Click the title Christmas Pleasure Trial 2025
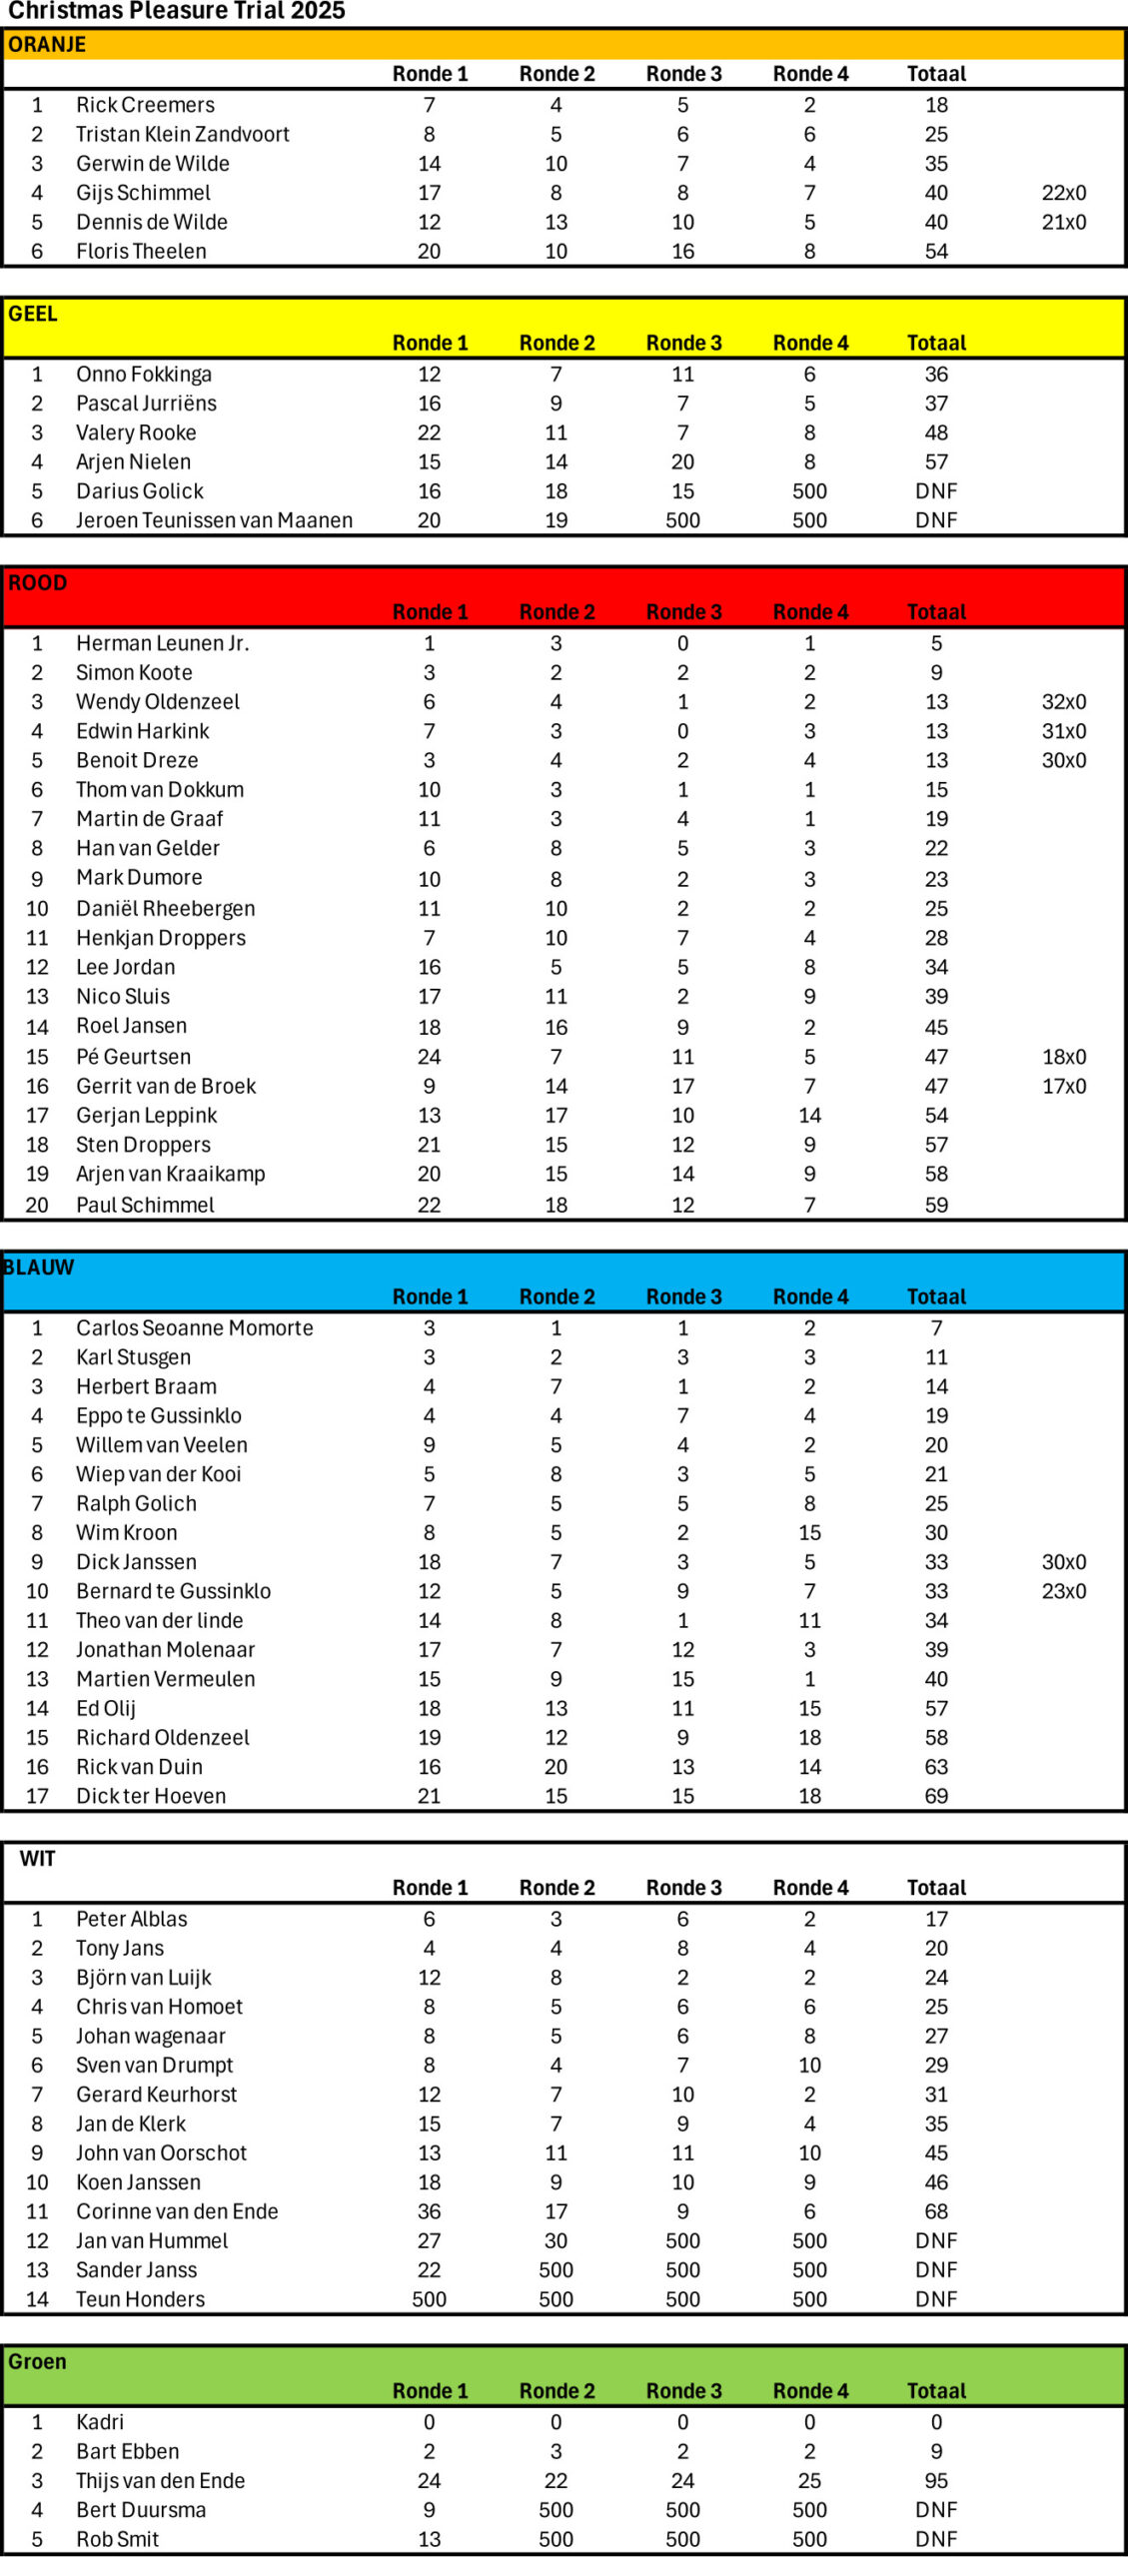coord(177,12)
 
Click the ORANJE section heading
coord(47,45)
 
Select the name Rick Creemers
coord(145,105)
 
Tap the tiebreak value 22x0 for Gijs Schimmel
coord(1063,193)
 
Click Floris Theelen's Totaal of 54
coord(935,252)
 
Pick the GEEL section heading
coord(33,314)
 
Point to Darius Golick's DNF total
coord(935,491)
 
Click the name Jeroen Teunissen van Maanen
coord(214,520)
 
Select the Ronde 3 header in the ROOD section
coord(683,612)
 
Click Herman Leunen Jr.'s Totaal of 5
coord(935,643)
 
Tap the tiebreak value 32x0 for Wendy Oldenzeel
coord(1063,702)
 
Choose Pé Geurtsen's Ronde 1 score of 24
coord(429,1057)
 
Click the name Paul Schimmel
coord(145,1205)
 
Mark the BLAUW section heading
coord(39,1268)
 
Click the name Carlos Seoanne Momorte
coord(194,1328)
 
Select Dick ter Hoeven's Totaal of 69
coord(935,1796)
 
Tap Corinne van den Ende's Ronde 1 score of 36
coord(429,2211)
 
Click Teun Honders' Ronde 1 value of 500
coord(429,2299)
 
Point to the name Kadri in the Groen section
coord(100,2422)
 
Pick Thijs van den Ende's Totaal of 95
coord(935,2481)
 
